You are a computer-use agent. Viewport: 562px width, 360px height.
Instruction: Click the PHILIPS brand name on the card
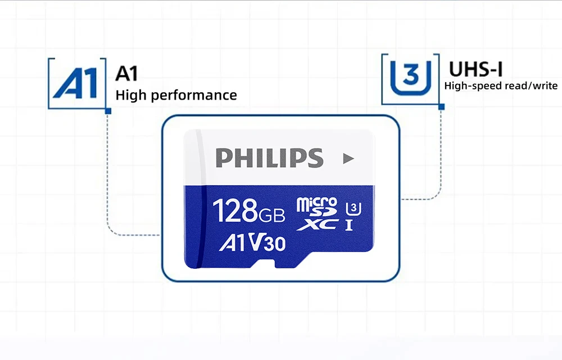point(270,158)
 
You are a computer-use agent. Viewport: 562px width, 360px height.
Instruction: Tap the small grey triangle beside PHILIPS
point(348,159)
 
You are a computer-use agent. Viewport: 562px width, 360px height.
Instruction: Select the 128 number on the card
point(235,210)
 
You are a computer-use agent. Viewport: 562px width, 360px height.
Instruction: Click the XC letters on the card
point(324,224)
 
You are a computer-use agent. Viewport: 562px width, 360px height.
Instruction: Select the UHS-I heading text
point(475,69)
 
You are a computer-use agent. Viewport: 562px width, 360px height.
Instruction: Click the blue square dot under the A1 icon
point(108,111)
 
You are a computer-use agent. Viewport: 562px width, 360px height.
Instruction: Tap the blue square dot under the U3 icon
point(441,106)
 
